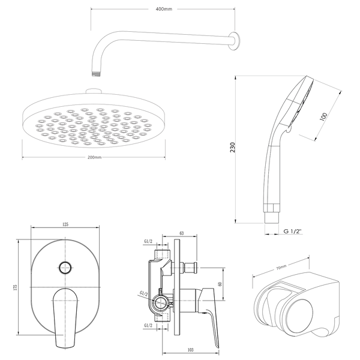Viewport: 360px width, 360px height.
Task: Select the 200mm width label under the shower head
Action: (94, 157)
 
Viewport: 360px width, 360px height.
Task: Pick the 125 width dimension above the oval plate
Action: (65, 224)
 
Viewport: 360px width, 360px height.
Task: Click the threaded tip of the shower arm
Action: (95, 74)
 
